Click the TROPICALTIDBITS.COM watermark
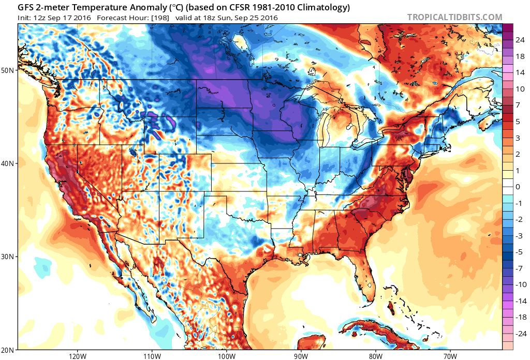point(454,17)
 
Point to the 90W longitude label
point(301,355)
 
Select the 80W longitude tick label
point(375,355)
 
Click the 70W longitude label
point(450,355)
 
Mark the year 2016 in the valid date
point(268,18)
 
